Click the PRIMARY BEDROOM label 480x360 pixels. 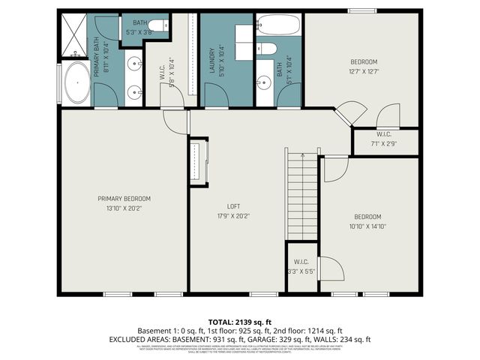124,199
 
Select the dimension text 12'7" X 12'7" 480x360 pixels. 364,72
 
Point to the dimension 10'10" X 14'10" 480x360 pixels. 367,226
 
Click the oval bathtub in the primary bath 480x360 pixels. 76,84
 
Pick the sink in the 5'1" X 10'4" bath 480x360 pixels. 263,83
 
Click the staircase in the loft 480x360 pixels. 301,195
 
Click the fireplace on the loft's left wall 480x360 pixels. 198,160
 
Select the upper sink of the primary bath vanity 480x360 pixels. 134,63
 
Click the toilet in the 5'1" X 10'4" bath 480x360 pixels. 267,49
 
